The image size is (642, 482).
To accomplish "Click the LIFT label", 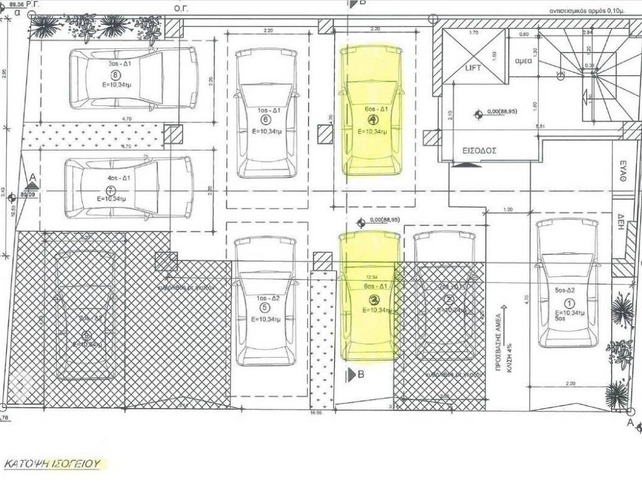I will pyautogui.click(x=473, y=68).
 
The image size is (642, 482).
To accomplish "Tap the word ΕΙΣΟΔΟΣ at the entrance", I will pyautogui.click(x=480, y=151).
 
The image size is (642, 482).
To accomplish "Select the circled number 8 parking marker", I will pyautogui.click(x=114, y=75).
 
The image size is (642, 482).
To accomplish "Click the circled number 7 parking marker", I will pyautogui.click(x=112, y=189).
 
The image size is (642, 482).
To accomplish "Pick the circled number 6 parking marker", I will pyautogui.click(x=265, y=119).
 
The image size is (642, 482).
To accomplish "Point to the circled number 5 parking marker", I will pyautogui.click(x=264, y=308).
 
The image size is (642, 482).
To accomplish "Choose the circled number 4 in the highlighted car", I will pyautogui.click(x=372, y=119).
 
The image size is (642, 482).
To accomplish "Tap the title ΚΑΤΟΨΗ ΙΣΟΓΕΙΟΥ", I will pyautogui.click(x=53, y=464).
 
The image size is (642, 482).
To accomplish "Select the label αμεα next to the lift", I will pyautogui.click(x=524, y=62).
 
